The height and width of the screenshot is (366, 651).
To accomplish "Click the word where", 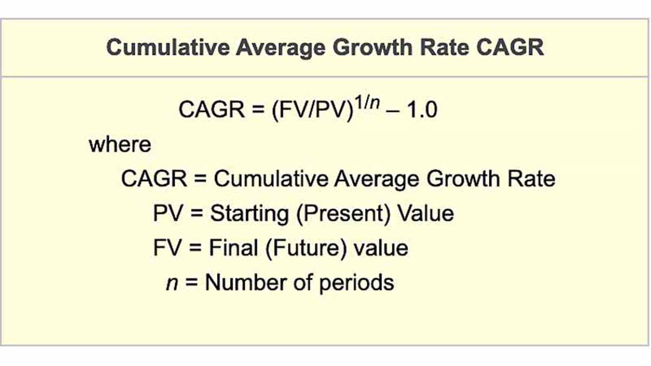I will pyautogui.click(x=120, y=145).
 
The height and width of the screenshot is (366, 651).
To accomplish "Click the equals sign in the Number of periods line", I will pyautogui.click(x=190, y=284).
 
